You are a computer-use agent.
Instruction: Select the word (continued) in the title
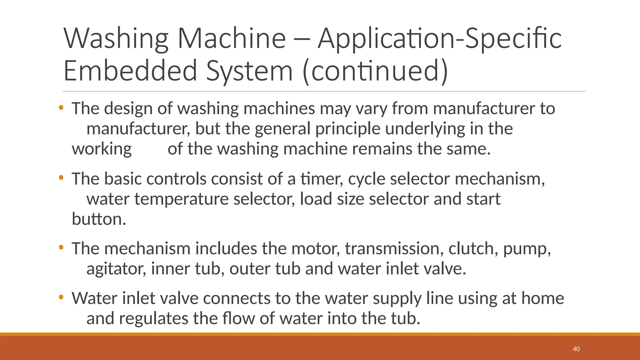coord(375,71)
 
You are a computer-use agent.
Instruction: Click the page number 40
coord(576,349)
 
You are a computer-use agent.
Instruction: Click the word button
coord(99,219)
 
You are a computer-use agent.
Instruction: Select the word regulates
coord(153,319)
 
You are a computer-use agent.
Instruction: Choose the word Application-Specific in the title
coord(439,39)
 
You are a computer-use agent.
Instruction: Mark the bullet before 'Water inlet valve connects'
coord(61,297)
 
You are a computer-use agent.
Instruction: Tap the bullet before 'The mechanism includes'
coord(61,247)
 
